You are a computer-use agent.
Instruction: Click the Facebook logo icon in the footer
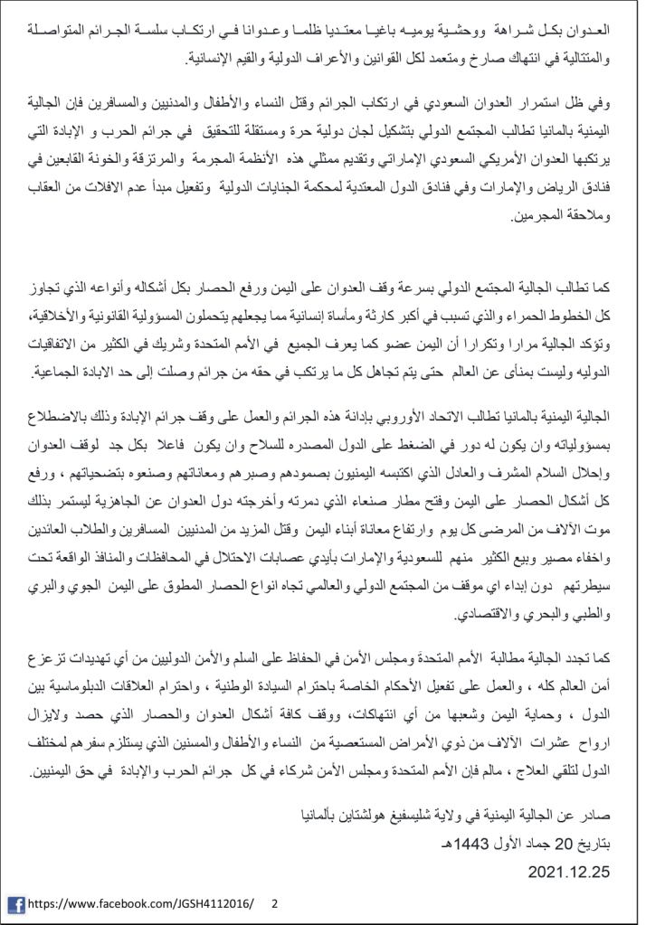pyautogui.click(x=15, y=903)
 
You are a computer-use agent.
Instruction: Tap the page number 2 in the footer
pyautogui.click(x=274, y=903)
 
